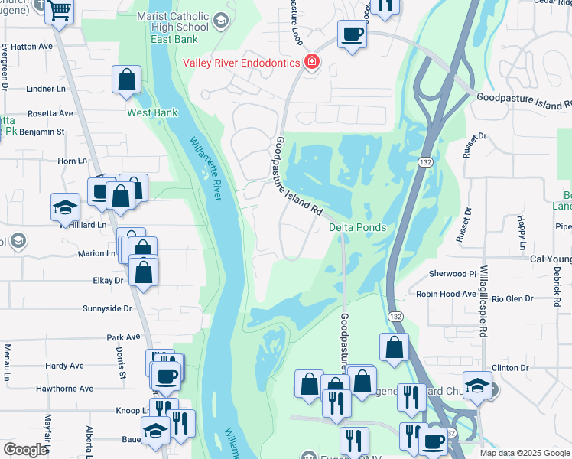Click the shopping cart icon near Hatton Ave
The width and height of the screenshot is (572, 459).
coord(59,11)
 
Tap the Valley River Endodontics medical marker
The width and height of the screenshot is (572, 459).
coord(311,62)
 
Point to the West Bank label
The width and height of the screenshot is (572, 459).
coord(152,112)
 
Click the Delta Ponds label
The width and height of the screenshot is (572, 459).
coord(357,227)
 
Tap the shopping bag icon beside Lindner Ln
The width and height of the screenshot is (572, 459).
coord(126,80)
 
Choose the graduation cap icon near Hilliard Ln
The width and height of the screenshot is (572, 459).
coord(65,207)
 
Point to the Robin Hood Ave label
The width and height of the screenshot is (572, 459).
coord(446,294)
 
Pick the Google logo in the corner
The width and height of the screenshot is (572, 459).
coord(24,450)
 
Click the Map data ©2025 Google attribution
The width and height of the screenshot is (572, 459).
coord(525,453)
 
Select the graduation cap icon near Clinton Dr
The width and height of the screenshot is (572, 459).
coord(477,386)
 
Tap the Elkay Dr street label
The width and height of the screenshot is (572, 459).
coord(108,281)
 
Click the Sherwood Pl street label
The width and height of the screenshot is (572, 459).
coord(453,273)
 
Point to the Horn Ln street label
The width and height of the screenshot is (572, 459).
coord(72,161)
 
